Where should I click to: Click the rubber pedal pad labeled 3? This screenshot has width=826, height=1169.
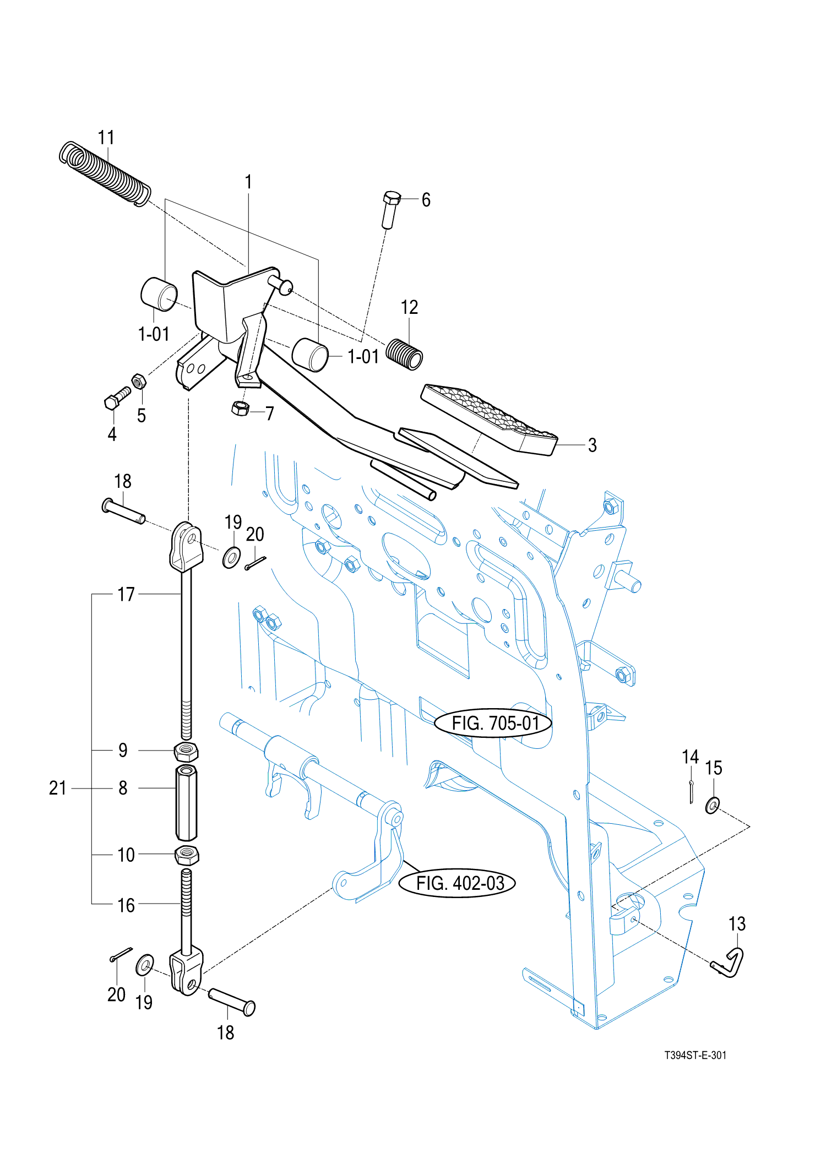click(x=489, y=420)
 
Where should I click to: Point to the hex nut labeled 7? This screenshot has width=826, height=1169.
click(x=240, y=409)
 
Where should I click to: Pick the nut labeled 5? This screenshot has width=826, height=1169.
click(x=139, y=380)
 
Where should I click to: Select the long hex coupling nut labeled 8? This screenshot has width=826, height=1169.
click(x=186, y=802)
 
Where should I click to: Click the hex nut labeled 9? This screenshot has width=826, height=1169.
click(x=186, y=751)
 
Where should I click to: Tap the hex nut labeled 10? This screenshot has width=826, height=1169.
click(x=187, y=855)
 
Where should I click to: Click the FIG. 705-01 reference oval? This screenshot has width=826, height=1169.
click(x=494, y=723)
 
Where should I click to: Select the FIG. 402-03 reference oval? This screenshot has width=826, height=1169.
click(x=458, y=883)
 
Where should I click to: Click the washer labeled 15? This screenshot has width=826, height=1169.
click(x=712, y=806)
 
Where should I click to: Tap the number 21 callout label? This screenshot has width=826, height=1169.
click(x=57, y=788)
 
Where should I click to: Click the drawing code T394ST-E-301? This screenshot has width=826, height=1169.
click(x=695, y=1055)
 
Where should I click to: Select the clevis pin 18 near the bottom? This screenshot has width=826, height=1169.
click(x=232, y=1001)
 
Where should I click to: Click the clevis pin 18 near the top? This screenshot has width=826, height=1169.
click(x=123, y=512)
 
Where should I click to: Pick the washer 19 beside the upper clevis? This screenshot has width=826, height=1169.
click(x=231, y=557)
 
